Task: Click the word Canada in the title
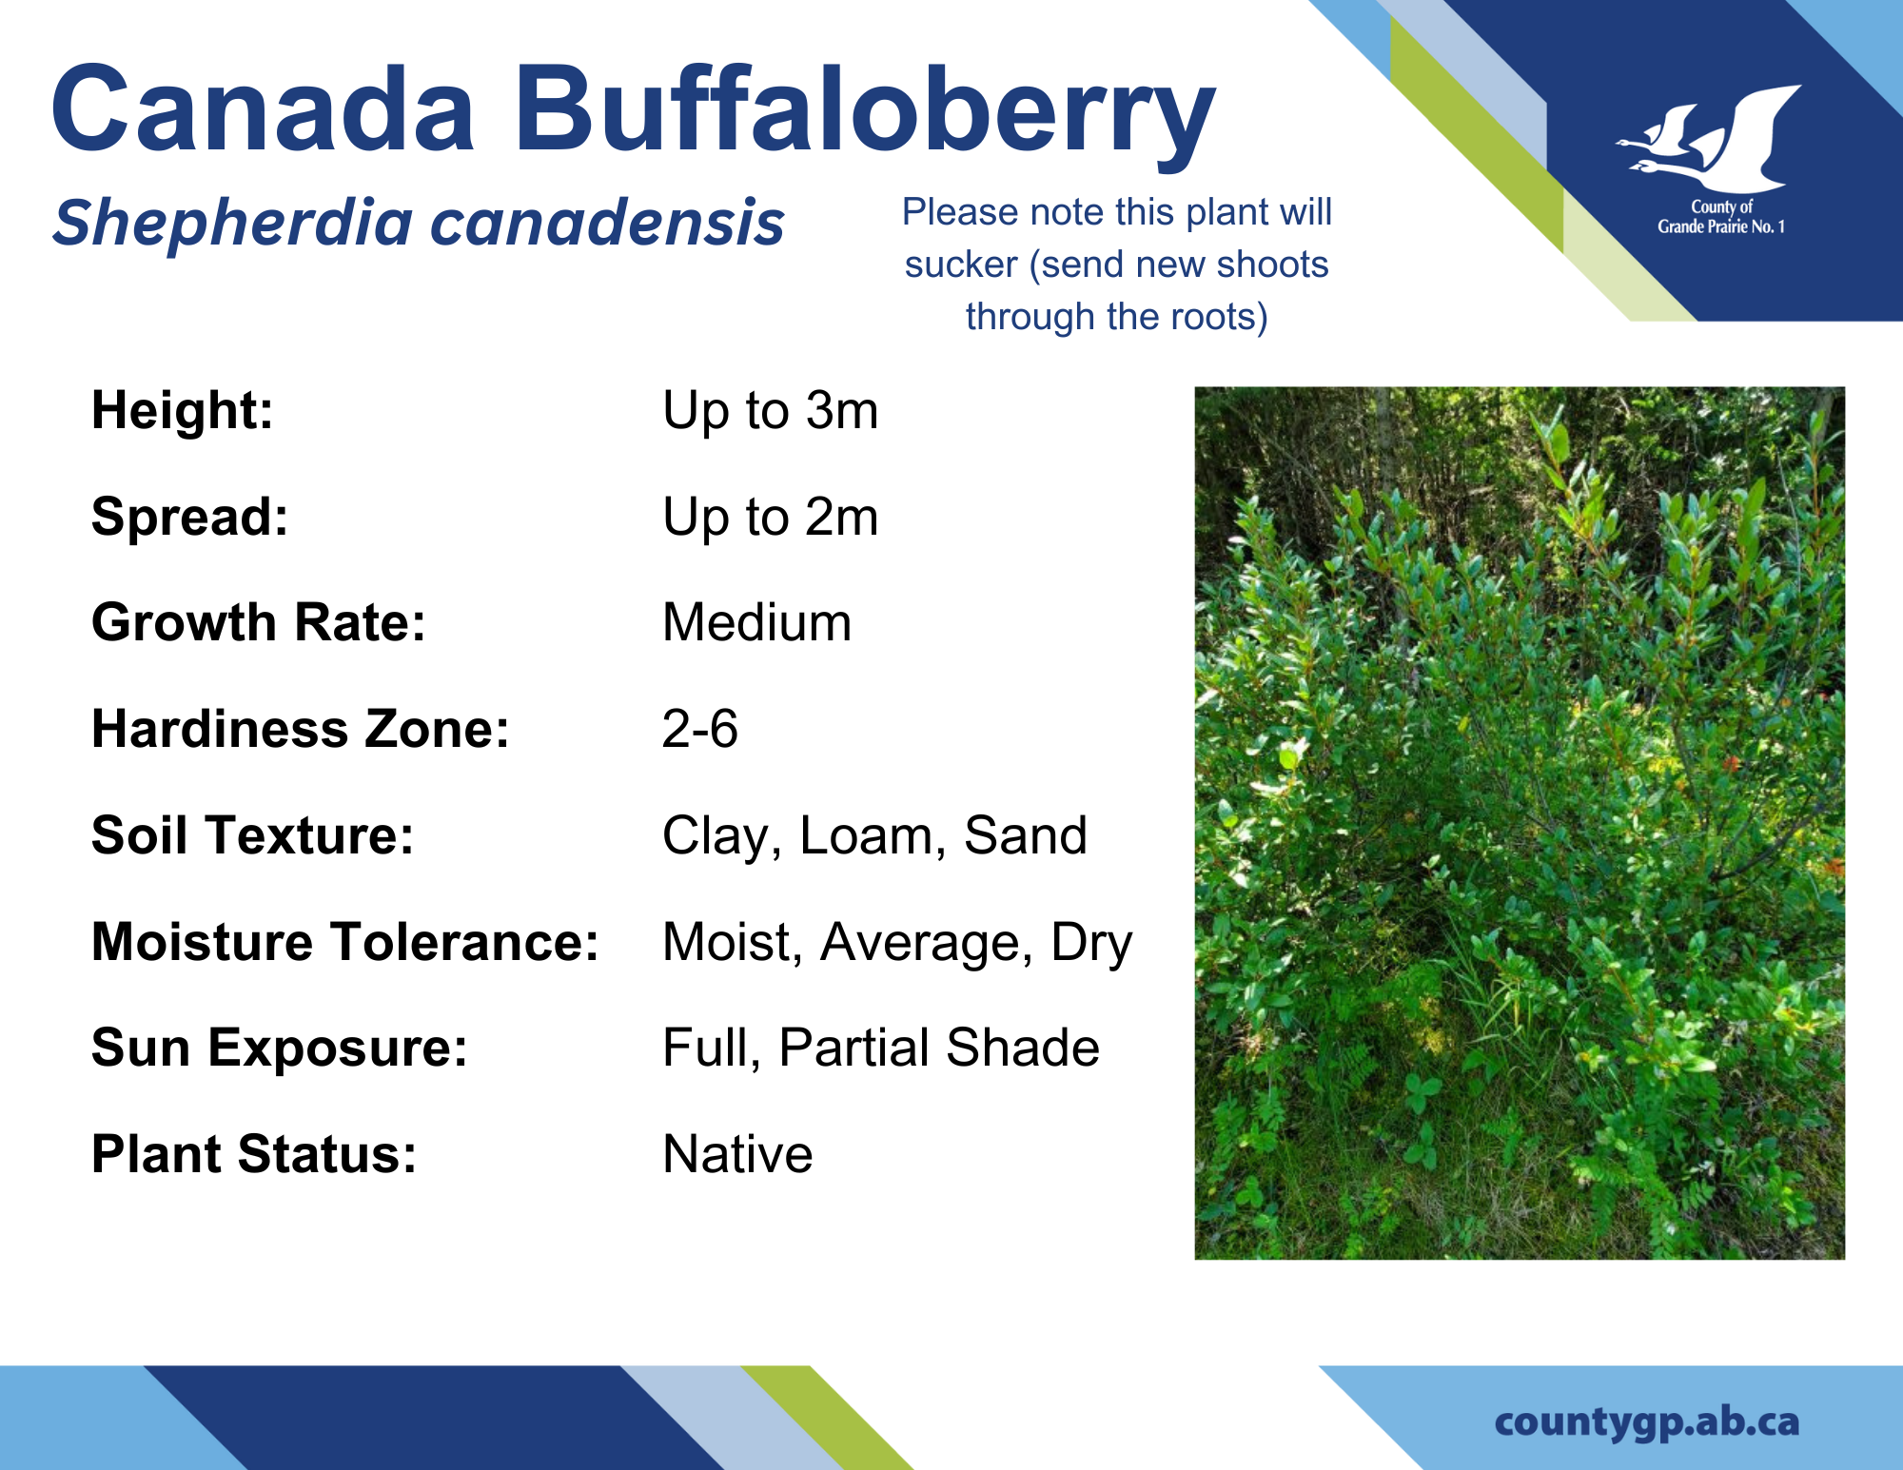pos(264,107)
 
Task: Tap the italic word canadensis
pos(608,224)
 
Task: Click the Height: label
pos(183,410)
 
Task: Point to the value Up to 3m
pos(771,411)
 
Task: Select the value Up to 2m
pos(771,518)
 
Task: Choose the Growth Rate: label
pos(259,622)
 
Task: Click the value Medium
pos(757,622)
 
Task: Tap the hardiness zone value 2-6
pos(700,729)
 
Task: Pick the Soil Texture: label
pos(253,835)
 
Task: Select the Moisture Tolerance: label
pos(345,942)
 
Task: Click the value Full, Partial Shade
pos(881,1048)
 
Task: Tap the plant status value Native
pos(738,1154)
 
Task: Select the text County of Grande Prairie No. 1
pos(1721,217)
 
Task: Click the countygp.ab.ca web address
pos(1647,1422)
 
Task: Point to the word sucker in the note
pos(961,265)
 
